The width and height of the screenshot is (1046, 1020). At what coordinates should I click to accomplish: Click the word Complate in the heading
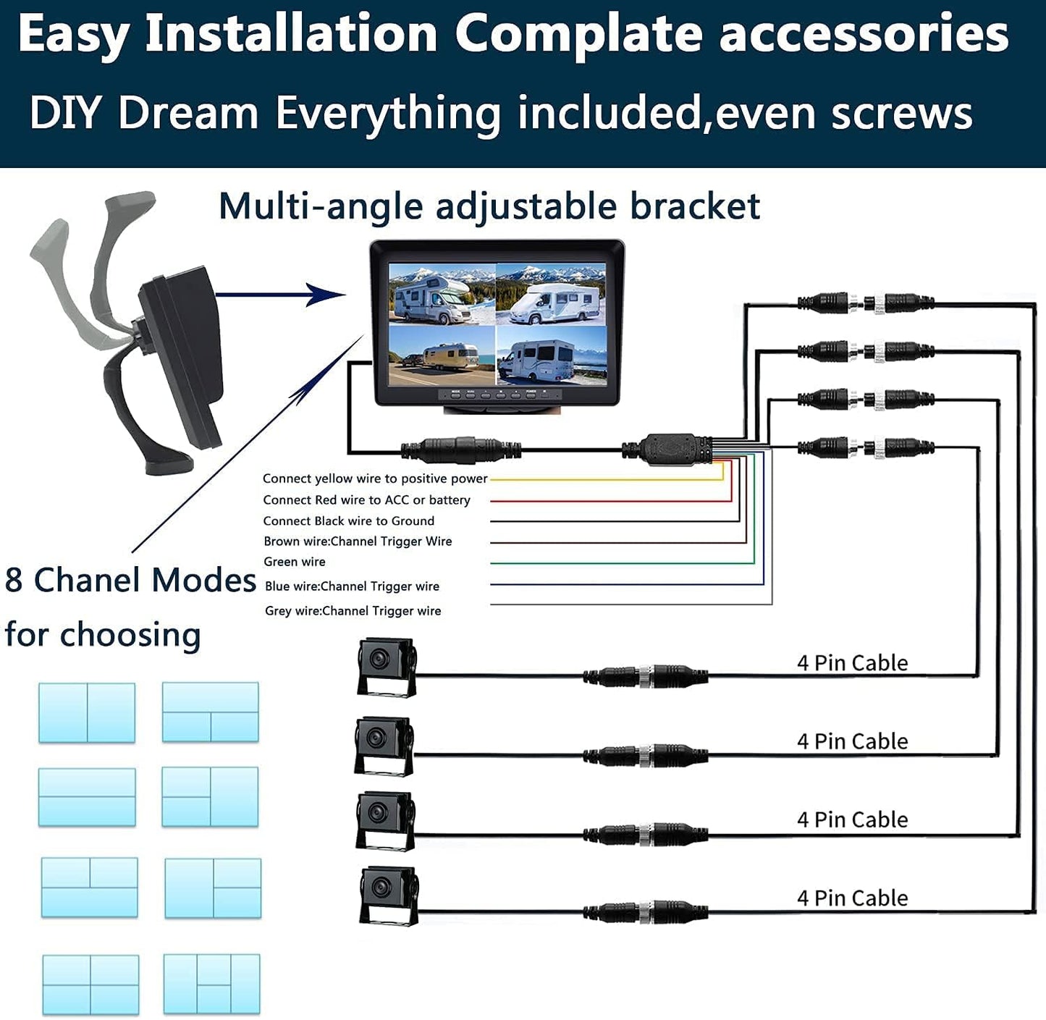coord(578,34)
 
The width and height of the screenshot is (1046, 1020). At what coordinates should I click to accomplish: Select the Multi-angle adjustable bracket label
coord(489,206)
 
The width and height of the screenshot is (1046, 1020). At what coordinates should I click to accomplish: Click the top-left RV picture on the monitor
coord(442,293)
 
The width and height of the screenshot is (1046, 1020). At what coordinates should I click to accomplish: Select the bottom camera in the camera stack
coord(389,895)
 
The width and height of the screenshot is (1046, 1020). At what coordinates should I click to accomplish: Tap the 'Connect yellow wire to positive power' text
coord(374,479)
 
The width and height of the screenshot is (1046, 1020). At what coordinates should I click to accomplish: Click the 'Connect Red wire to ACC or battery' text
coord(366,500)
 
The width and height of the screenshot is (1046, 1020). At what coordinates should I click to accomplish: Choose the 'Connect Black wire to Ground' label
coord(348,521)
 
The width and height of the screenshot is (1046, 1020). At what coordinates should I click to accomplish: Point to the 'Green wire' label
coord(294,562)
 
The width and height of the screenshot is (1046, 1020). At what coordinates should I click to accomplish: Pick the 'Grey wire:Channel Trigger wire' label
coord(353,611)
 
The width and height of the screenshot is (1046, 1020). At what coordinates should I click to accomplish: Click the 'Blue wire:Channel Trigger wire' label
coord(352,586)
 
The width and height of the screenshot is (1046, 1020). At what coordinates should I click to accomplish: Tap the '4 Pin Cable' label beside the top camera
coord(852,662)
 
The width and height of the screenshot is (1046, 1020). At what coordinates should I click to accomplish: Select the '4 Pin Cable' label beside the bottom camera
coord(852,898)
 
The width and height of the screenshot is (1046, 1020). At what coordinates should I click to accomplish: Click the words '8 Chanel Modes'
coord(130,581)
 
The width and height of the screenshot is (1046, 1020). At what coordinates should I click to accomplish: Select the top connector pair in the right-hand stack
coord(865,303)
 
